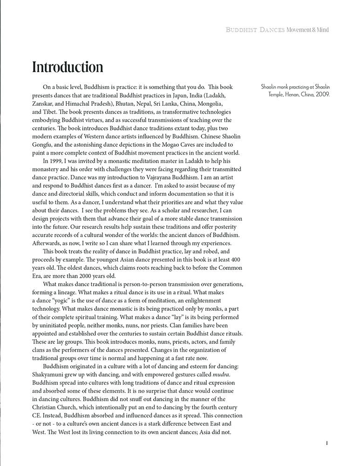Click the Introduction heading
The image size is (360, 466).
pos(68,67)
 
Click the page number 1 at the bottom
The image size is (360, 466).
pos(327,443)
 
